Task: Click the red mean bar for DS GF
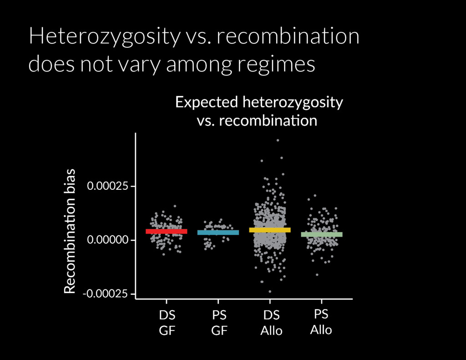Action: pyautogui.click(x=167, y=231)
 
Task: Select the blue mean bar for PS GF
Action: pyautogui.click(x=218, y=233)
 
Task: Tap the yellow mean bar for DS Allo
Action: pyautogui.click(x=270, y=230)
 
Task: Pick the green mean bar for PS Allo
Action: pyautogui.click(x=322, y=234)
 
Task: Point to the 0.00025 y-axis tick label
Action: pyautogui.click(x=107, y=186)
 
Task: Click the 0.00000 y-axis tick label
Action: pyautogui.click(x=107, y=239)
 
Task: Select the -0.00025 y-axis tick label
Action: pyautogui.click(x=105, y=294)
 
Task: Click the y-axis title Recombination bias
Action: pyautogui.click(x=70, y=231)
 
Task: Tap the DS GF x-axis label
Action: pyautogui.click(x=167, y=323)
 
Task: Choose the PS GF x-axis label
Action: pyautogui.click(x=219, y=323)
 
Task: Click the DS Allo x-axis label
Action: pyautogui.click(x=271, y=323)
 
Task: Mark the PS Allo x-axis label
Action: pyautogui.click(x=321, y=322)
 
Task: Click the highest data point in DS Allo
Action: pyautogui.click(x=278, y=140)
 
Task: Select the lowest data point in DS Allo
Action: pyautogui.click(x=270, y=291)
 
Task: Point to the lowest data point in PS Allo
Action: pyautogui.click(x=317, y=275)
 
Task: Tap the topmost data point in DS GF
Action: pyautogui.click(x=175, y=206)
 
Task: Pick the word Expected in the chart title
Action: pyautogui.click(x=207, y=103)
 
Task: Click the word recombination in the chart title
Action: pyautogui.click(x=268, y=121)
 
